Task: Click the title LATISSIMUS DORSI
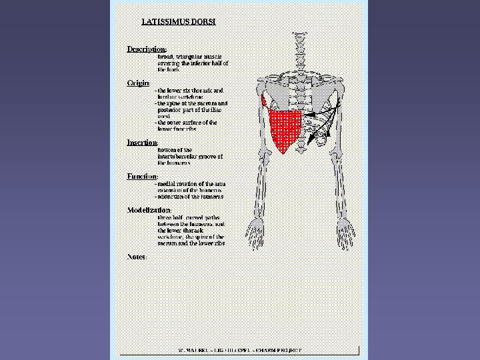pos(178,21)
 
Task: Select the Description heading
pos(146,49)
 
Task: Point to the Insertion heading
pos(142,143)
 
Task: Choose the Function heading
pos(142,176)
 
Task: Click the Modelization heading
pos(149,210)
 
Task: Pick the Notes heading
pos(137,257)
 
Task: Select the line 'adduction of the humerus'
pos(190,197)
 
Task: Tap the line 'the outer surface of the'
pos(187,123)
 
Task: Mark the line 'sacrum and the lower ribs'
pos(191,243)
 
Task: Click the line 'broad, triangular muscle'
pos(190,57)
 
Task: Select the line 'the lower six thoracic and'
pos(190,90)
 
